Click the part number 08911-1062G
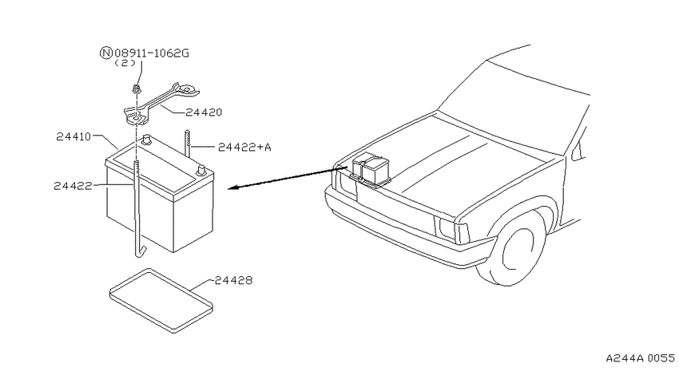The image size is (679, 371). pos(152,53)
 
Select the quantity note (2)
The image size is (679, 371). pos(125,63)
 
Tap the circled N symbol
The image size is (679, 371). pos(106,53)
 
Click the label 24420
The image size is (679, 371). pos(204,112)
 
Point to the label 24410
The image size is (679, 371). pos(73,136)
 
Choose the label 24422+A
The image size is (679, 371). pos(244,148)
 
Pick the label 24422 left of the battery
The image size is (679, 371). pos(73,186)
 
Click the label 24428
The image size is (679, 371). pos(233,280)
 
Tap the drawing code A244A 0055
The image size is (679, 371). pos(640,358)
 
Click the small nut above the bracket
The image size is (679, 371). pos(137,90)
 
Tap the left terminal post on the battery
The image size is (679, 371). pos(147,140)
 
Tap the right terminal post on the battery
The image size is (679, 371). pos(201,171)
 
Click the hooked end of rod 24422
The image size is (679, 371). pos(140,252)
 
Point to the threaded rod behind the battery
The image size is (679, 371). pos(188,144)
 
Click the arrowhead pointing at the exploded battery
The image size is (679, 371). pos(234,187)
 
